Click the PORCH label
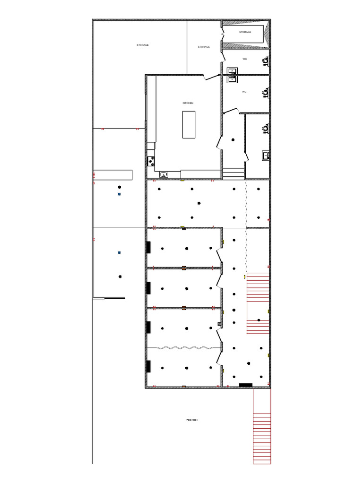[x=191, y=420]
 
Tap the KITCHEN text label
[x=188, y=103]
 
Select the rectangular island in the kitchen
[x=189, y=124]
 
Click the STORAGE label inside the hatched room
[x=245, y=32]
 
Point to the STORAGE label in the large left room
[x=143, y=45]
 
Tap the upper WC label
[x=244, y=59]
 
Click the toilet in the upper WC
[x=266, y=60]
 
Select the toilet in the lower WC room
[x=266, y=92]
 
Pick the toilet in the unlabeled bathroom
[x=266, y=128]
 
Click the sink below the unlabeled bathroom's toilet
[x=266, y=155]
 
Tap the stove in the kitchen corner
[x=151, y=161]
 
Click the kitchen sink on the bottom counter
[x=164, y=175]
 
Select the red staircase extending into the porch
[x=262, y=425]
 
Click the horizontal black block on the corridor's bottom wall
[x=246, y=385]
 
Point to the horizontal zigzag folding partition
[x=184, y=347]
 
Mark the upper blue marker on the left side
[x=119, y=194]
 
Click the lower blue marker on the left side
[x=119, y=253]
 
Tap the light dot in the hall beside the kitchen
[x=233, y=140]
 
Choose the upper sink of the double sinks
[x=232, y=71]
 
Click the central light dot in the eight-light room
[x=199, y=203]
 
